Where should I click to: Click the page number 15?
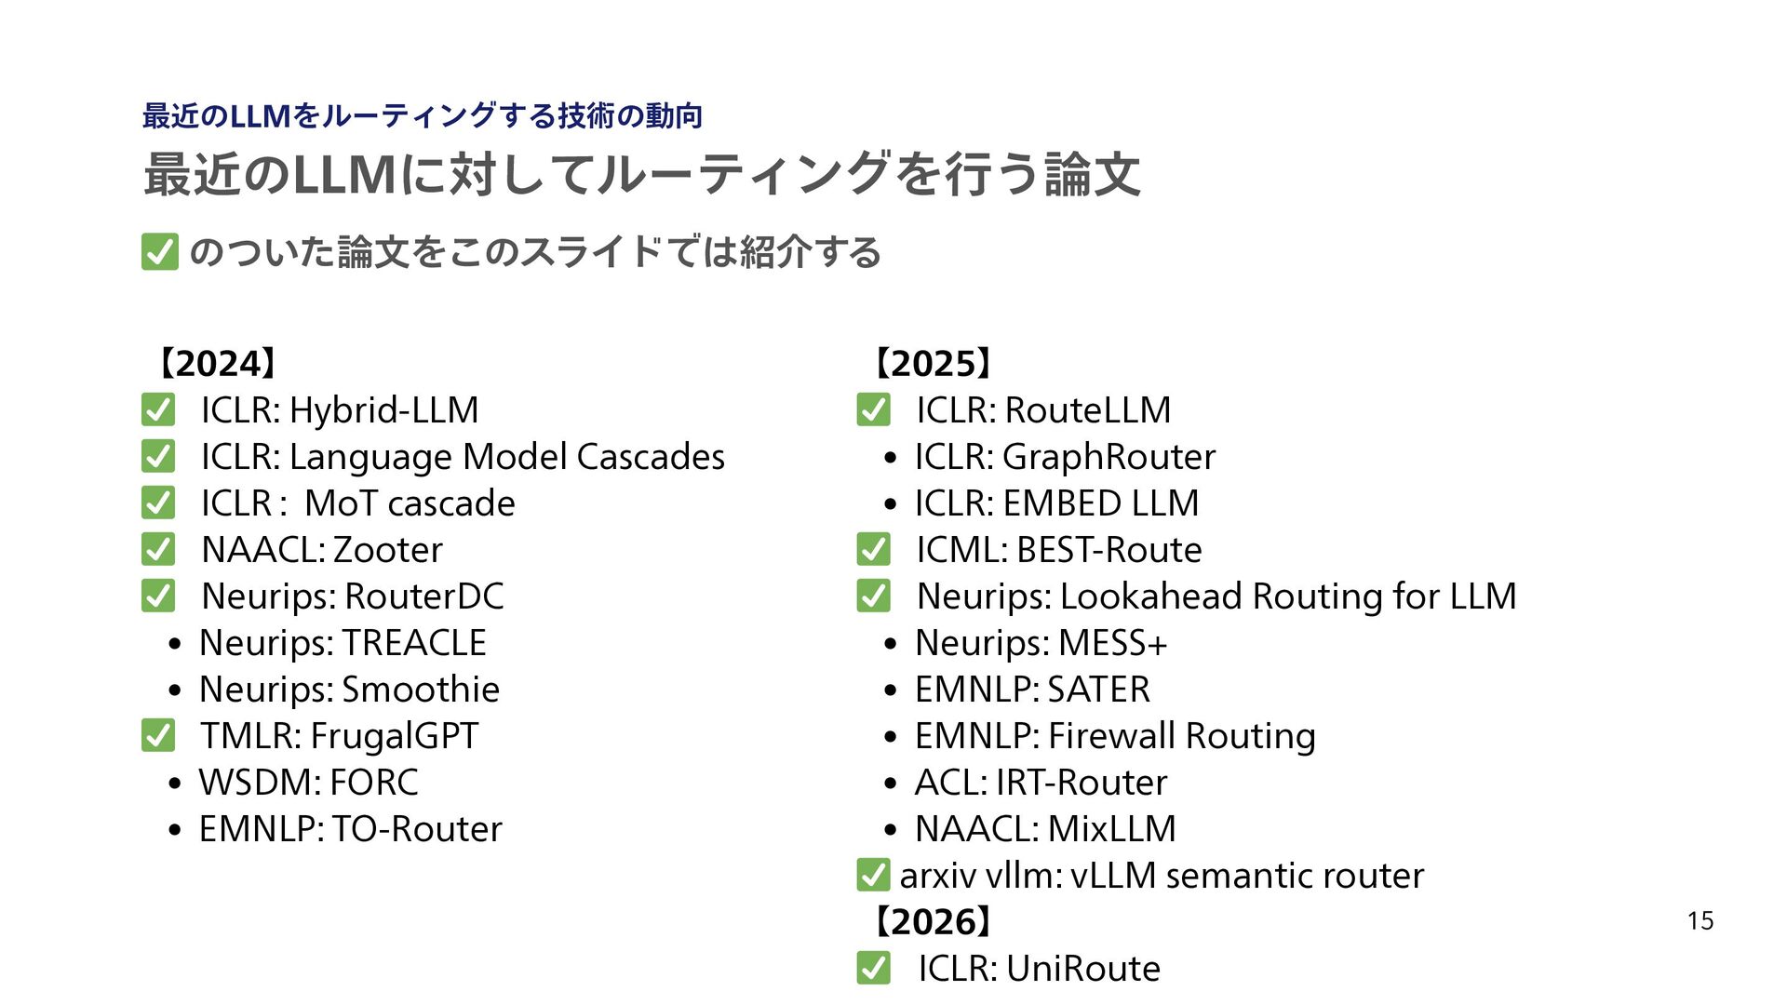(1700, 921)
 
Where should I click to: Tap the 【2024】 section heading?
(216, 364)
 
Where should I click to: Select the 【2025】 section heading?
(932, 364)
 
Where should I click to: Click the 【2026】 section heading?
(932, 922)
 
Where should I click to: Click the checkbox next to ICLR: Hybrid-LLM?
(158, 410)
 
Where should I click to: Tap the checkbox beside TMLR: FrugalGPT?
(158, 736)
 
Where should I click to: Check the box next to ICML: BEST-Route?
(873, 550)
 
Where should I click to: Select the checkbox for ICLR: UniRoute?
(873, 969)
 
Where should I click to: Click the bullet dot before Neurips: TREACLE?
(175, 645)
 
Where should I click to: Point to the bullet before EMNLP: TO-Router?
(175, 831)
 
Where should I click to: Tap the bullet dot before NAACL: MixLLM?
(891, 831)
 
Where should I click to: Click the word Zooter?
(387, 550)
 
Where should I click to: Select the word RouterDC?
(423, 596)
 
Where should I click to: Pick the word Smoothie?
(421, 690)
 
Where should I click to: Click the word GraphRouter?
(1108, 457)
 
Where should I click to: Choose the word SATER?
(1098, 690)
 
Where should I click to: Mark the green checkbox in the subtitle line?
(160, 252)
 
